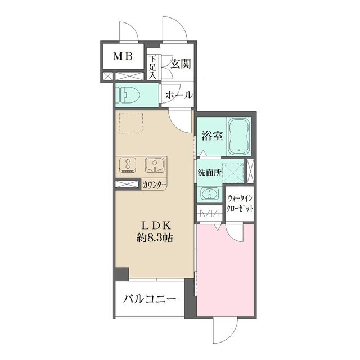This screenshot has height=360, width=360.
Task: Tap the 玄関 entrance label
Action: pyautogui.click(x=180, y=62)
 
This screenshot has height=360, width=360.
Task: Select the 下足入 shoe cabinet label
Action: pyautogui.click(x=152, y=67)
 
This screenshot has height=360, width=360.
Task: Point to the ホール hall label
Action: pyautogui.click(x=179, y=94)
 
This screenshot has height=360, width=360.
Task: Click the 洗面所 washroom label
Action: pyautogui.click(x=210, y=173)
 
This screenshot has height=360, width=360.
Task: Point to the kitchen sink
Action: pyautogui.click(x=153, y=165)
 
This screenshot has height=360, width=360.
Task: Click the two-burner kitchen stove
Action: pyautogui.click(x=128, y=165)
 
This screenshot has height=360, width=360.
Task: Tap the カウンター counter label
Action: pyautogui.click(x=153, y=184)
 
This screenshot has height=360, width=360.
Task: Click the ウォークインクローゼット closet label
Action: pyautogui.click(x=241, y=202)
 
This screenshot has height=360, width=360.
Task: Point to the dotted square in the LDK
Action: pyautogui.click(x=131, y=122)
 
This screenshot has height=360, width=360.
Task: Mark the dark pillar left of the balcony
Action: pyautogui.click(x=119, y=274)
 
